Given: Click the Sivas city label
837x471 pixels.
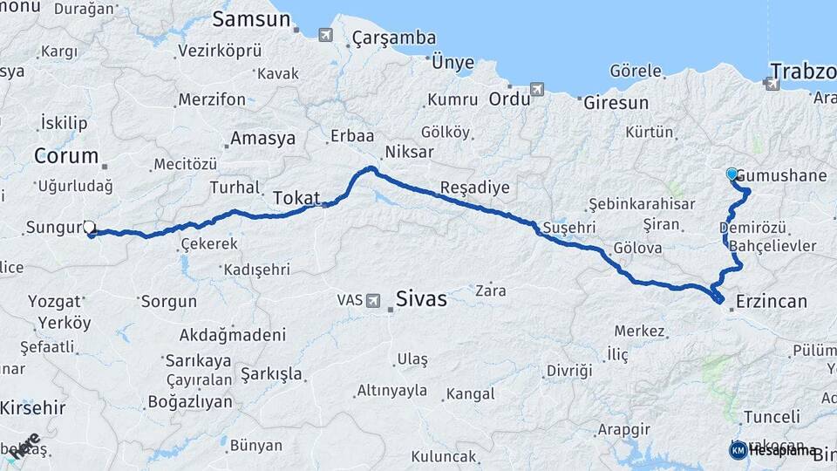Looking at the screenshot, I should tap(421, 299).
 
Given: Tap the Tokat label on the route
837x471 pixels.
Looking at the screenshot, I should tap(296, 198).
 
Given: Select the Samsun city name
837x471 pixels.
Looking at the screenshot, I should tap(251, 18).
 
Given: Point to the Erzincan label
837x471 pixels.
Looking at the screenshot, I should tap(772, 302).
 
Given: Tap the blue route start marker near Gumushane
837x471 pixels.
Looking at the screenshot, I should tap(732, 174).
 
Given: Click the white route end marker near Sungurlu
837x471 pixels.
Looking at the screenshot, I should tap(88, 228).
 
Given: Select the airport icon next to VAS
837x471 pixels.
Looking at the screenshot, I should tap(374, 300).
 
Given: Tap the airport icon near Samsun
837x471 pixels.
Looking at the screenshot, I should tap(325, 35).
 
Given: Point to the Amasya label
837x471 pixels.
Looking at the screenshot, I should tap(262, 138).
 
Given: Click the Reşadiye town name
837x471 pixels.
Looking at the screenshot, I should tap(475, 188).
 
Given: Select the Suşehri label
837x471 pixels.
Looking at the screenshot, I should tap(568, 228).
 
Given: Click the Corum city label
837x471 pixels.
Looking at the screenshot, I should tap(65, 156).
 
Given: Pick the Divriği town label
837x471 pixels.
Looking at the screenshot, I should tap(569, 371).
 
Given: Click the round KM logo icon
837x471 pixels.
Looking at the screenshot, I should tap(738, 450).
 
